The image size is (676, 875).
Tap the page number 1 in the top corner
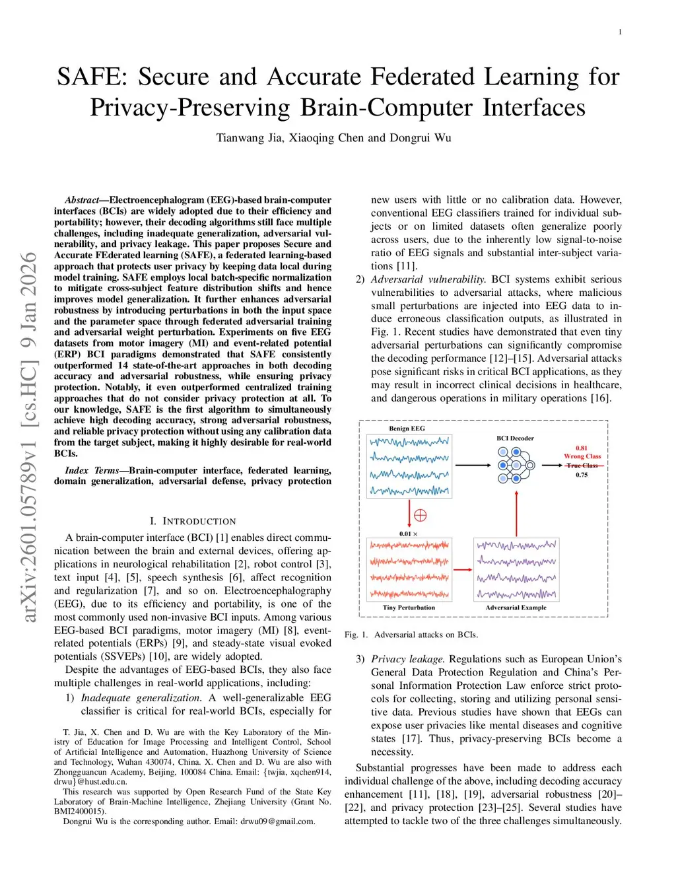click(620, 32)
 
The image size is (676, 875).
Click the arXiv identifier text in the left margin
click(29, 437)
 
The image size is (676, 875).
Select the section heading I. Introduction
click(192, 521)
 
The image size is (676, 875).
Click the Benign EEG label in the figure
click(407, 429)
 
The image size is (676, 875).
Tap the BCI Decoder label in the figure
click(515, 438)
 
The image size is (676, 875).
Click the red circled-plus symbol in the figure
click(420, 515)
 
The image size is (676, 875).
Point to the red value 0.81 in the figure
click(581, 448)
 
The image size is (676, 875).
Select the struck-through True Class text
click(582, 466)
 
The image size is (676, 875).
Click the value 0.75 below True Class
click(581, 475)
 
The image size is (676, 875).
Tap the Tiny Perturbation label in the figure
click(409, 608)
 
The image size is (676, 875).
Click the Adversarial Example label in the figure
click(516, 608)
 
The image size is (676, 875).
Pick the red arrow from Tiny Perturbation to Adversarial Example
click(463, 570)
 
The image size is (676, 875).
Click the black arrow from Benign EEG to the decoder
click(473, 465)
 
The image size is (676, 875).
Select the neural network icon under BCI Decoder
click(516, 464)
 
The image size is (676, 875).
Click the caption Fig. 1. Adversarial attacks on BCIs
click(411, 635)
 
